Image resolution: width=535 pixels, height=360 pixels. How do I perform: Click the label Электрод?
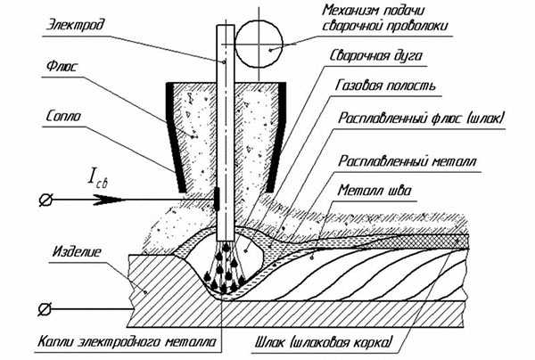pos(75,25)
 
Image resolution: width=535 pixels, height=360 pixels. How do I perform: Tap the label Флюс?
pos(62,67)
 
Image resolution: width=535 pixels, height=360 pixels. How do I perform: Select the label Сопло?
pos(63,116)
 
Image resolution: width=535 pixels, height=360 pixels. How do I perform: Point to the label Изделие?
pos(77,252)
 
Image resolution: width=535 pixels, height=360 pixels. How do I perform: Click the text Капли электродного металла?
pos(127,341)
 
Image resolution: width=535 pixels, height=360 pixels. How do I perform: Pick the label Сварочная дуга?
pos(376,55)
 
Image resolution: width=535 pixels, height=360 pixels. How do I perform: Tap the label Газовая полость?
pos(386,86)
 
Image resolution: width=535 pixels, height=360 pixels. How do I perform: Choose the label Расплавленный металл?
pos(407,161)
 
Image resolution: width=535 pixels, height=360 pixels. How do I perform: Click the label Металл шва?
pos(374,190)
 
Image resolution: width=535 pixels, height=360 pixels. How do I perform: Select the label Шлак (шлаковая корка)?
pos(325,342)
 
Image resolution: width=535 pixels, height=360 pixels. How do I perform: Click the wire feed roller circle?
pos(259,44)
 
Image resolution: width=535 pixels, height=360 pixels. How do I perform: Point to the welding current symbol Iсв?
pos(97,179)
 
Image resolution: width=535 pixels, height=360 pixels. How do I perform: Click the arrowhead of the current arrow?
pos(109,200)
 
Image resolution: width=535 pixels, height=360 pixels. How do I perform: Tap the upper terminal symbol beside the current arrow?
pos(45,200)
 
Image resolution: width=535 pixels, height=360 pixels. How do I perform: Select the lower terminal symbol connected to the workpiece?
pos(45,309)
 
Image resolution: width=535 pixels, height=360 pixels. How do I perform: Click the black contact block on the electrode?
pos(217,199)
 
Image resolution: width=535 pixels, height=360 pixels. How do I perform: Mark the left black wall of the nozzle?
pos(175,137)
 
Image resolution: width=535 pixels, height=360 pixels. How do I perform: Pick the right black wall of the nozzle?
pos(276,137)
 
